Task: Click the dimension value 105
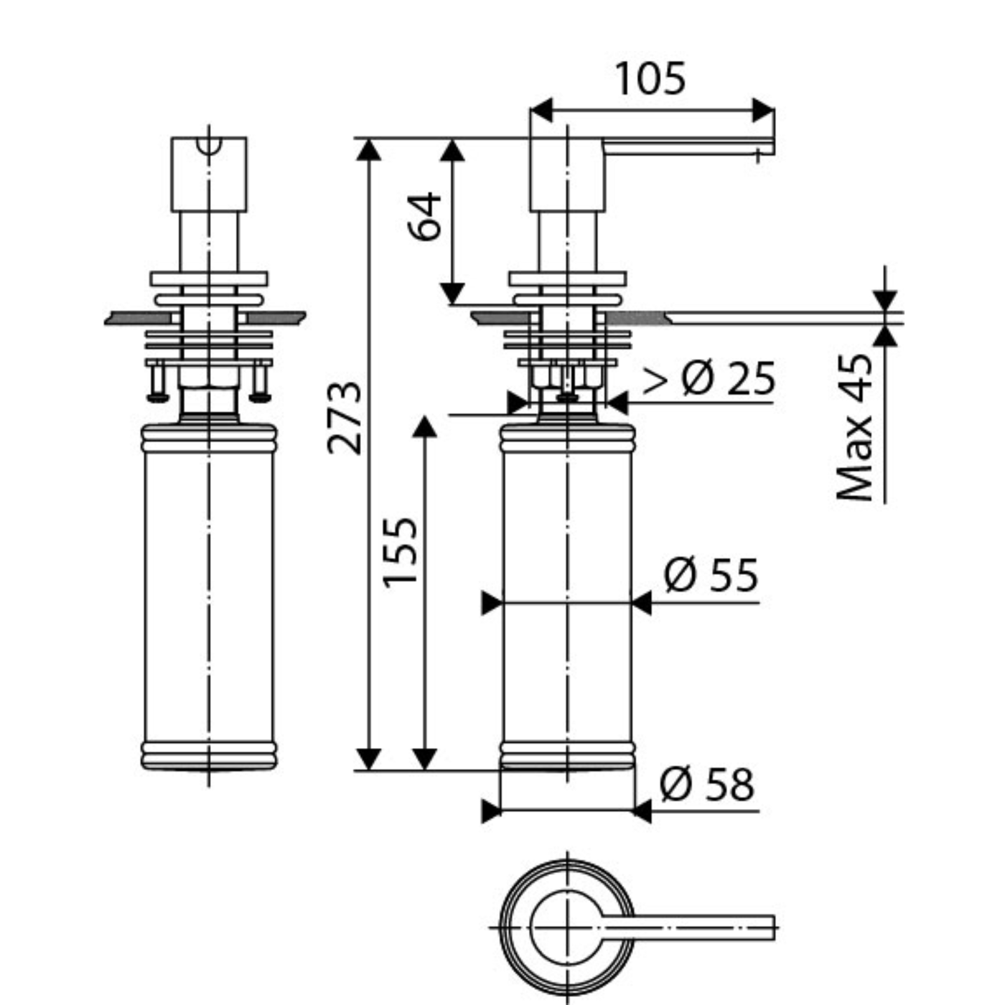[x=650, y=79]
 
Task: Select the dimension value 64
[x=424, y=217]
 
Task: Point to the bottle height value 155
[x=401, y=553]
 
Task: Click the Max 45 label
[x=854, y=428]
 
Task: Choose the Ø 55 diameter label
[x=711, y=575]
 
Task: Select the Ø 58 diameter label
[x=706, y=785]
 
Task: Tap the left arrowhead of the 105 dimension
[x=541, y=110]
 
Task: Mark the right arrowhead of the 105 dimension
[x=763, y=110]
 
